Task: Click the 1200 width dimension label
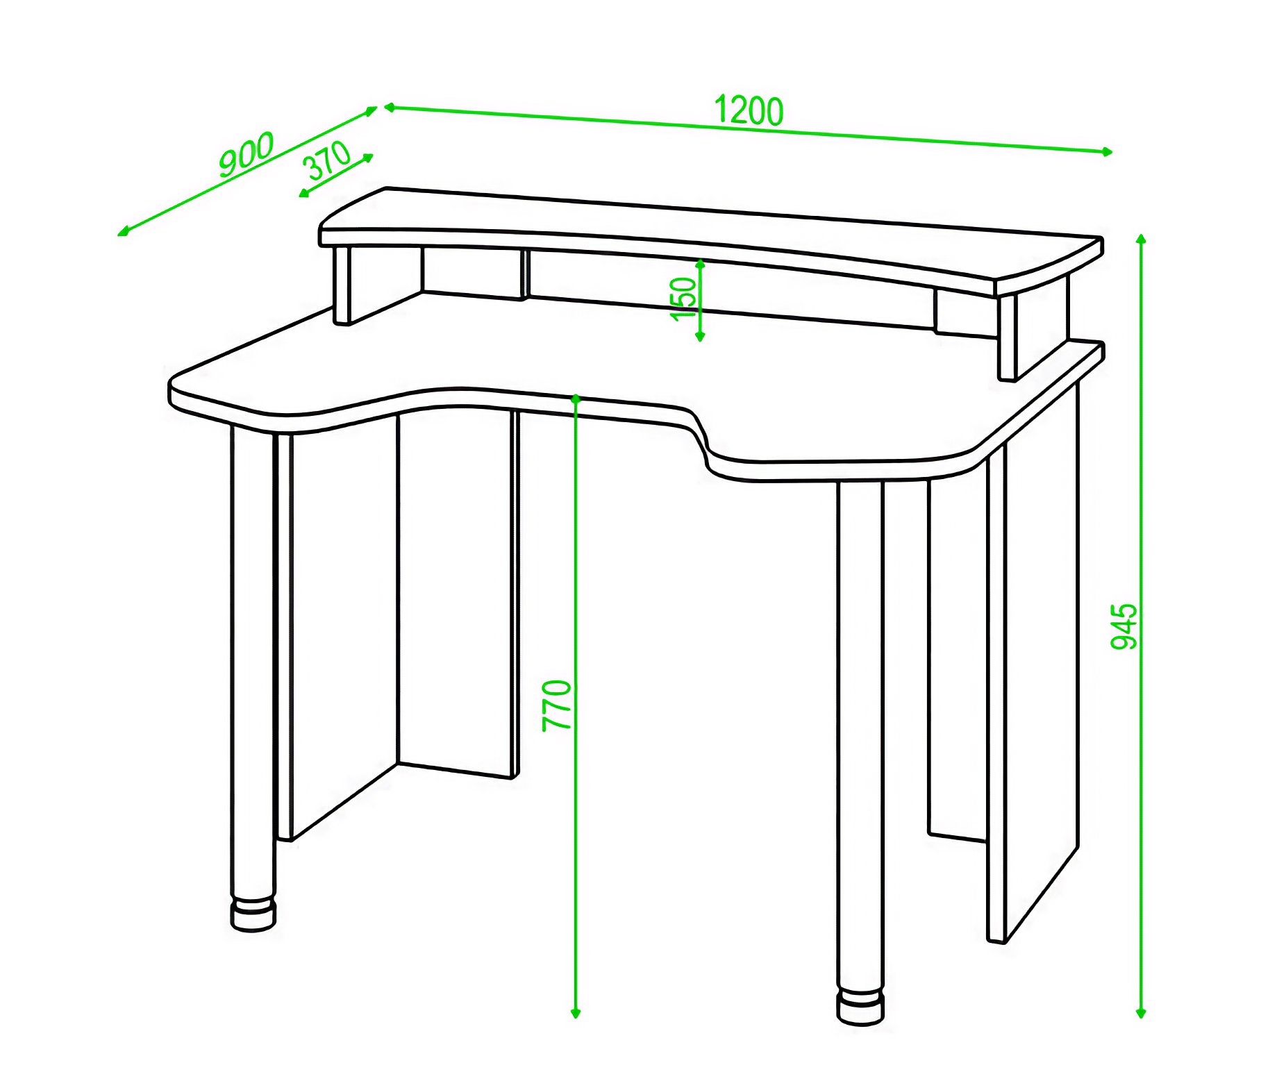tap(749, 110)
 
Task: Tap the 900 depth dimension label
tap(247, 153)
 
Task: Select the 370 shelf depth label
tap(326, 160)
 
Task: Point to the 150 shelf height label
tap(683, 299)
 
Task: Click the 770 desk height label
tap(557, 705)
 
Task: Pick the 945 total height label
tap(1124, 626)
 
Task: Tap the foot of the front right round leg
tap(861, 1007)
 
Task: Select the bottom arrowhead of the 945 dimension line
tap(1140, 1014)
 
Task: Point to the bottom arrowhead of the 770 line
tap(575, 1014)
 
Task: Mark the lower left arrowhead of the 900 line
tap(123, 232)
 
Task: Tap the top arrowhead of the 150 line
tap(700, 264)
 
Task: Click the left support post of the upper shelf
tap(342, 285)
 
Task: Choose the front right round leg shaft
tap(860, 736)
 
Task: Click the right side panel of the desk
tap(1033, 660)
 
